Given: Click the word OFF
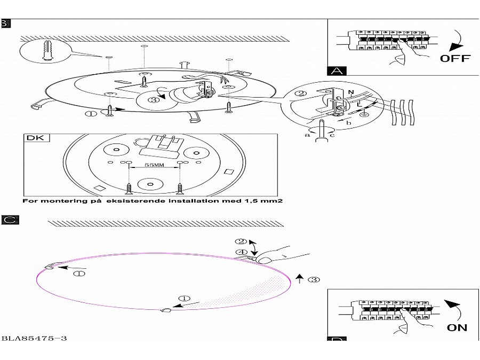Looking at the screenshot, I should (x=455, y=58).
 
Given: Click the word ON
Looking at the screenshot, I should (x=457, y=327).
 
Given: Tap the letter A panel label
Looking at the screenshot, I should (x=337, y=71).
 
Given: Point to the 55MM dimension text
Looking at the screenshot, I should (x=155, y=166).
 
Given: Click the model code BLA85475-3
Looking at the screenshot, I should (x=34, y=338).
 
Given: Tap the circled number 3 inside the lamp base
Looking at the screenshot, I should (x=154, y=99).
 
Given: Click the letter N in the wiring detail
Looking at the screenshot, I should (x=350, y=92).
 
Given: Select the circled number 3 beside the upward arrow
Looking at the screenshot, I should (x=314, y=279).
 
